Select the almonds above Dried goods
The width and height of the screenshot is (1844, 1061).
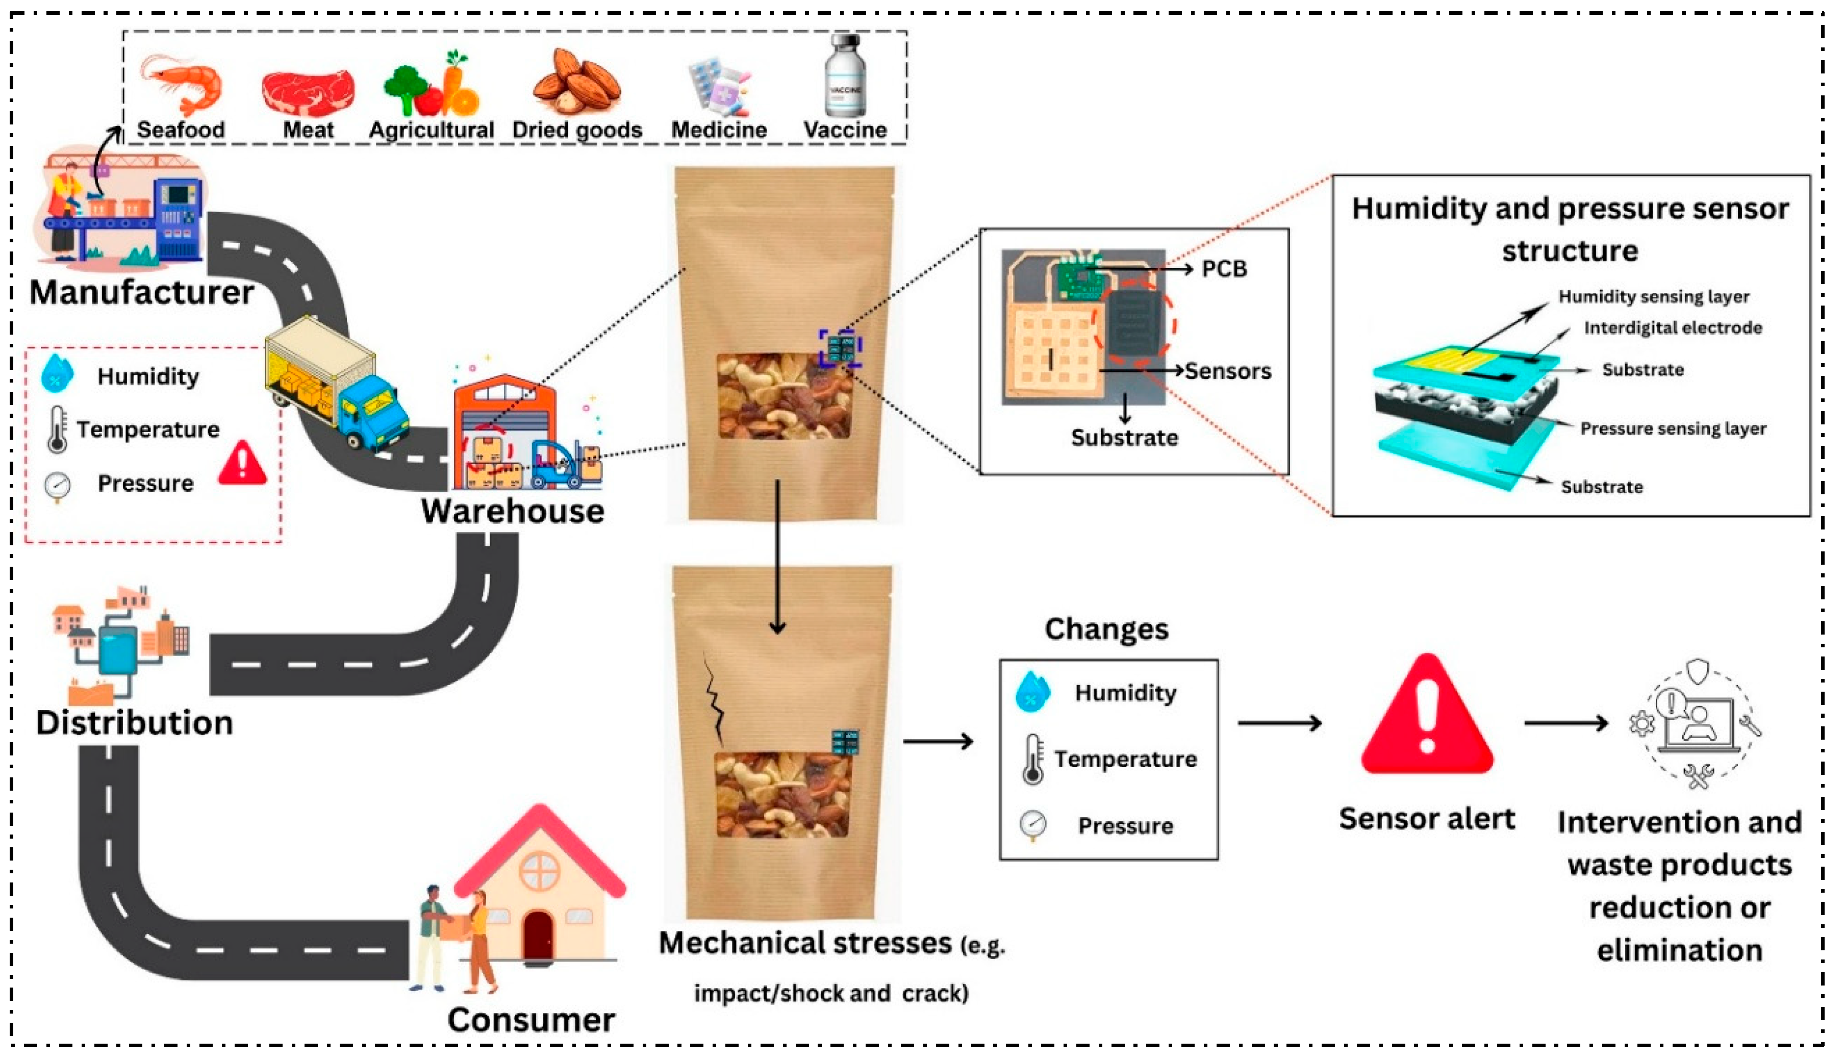(x=576, y=82)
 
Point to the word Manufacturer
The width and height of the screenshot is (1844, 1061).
(x=142, y=292)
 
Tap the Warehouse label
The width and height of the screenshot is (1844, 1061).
(x=512, y=511)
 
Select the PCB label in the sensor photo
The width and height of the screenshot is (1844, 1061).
(x=1224, y=269)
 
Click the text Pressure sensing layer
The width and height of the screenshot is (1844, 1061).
(x=1673, y=428)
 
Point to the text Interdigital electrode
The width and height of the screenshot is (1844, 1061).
(x=1673, y=328)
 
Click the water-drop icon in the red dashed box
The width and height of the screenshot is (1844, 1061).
(x=57, y=373)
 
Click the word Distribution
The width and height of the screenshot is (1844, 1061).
(x=135, y=723)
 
